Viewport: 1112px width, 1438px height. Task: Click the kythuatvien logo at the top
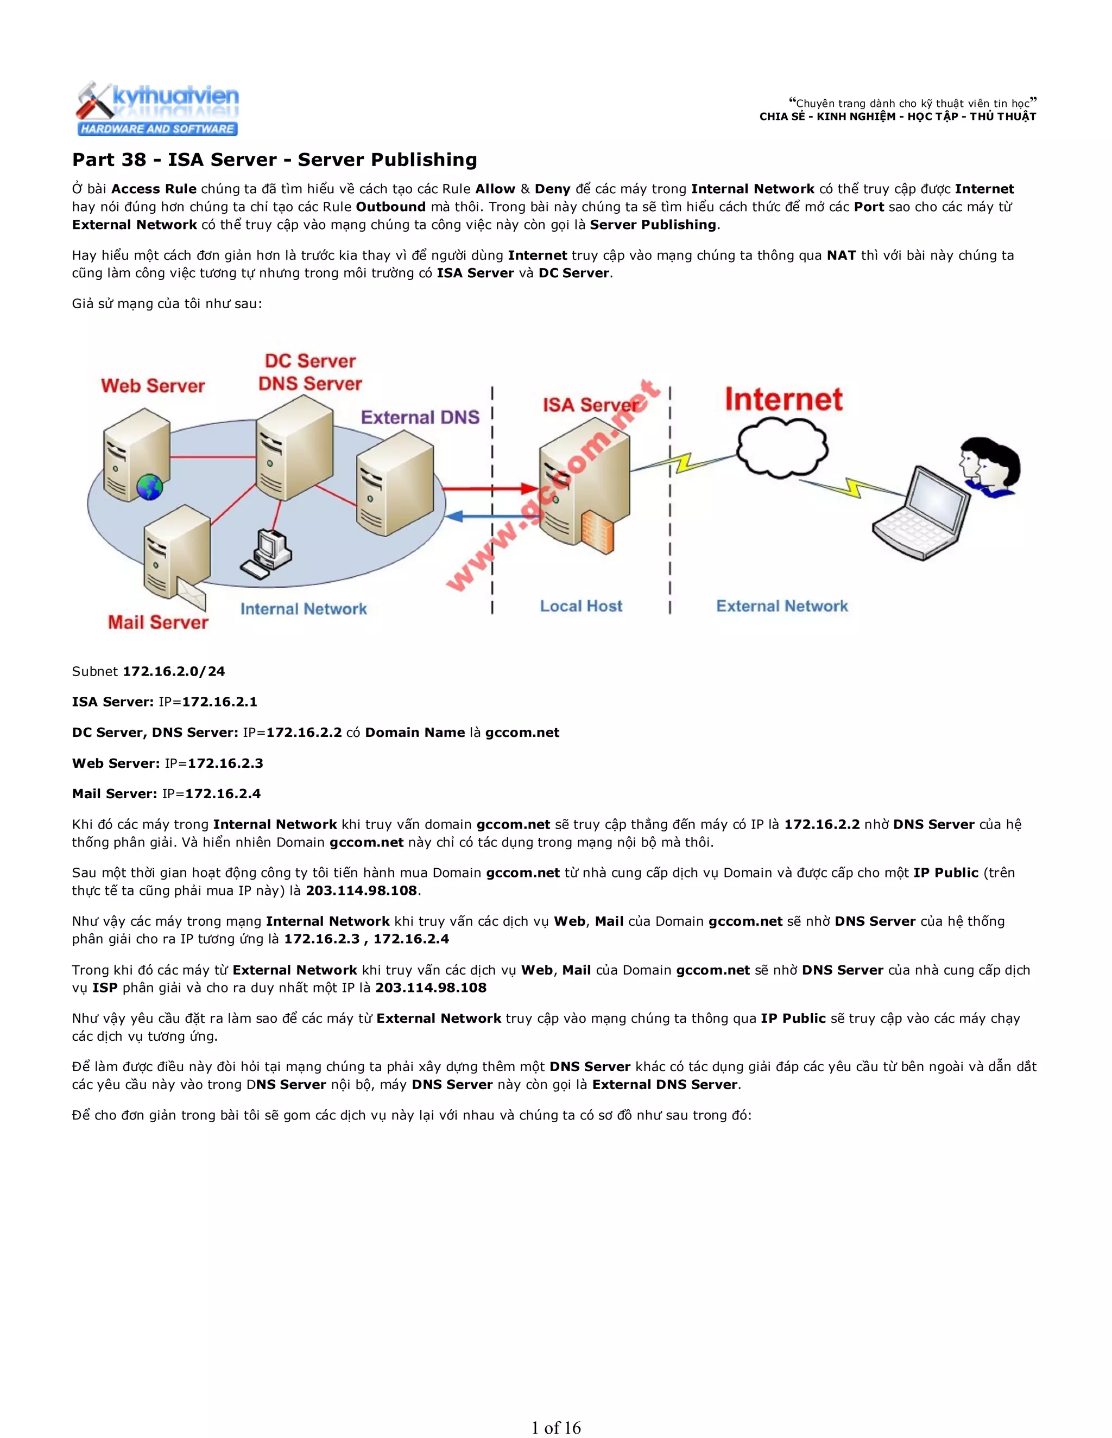tap(157, 109)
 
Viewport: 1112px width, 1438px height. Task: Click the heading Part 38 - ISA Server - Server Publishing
tap(274, 160)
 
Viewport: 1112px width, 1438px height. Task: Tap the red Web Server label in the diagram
tap(153, 386)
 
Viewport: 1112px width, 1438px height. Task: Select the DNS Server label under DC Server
tap(309, 384)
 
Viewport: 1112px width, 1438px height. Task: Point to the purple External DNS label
tap(420, 417)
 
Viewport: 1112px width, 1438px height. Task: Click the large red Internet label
tap(784, 400)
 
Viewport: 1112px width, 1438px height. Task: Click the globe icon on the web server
tap(149, 487)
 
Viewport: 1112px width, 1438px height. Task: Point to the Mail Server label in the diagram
tap(158, 623)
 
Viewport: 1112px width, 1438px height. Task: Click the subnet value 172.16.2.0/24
tap(174, 672)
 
